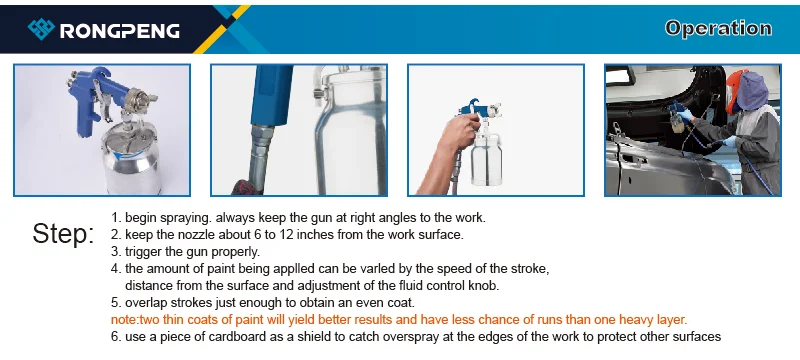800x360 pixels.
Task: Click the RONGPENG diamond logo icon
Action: pyautogui.click(x=41, y=29)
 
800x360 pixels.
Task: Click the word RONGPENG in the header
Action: pyautogui.click(x=120, y=31)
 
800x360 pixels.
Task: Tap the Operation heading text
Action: pyautogui.click(x=718, y=28)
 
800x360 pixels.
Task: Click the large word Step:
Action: pyautogui.click(x=63, y=234)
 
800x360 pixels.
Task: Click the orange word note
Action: pyautogui.click(x=120, y=320)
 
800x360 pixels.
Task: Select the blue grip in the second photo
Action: pyautogui.click(x=270, y=95)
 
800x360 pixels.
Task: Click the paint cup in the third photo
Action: pyautogui.click(x=486, y=157)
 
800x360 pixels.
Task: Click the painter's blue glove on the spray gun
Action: pyautogui.click(x=685, y=114)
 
